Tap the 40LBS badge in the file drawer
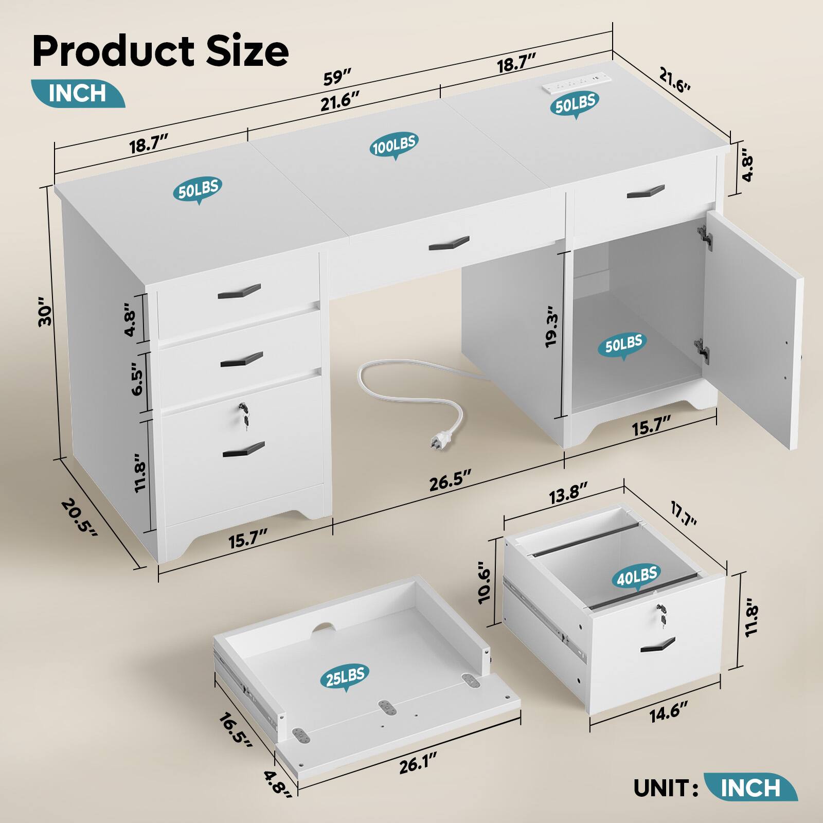click(637, 576)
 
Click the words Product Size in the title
click(160, 52)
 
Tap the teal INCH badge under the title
click(77, 93)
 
